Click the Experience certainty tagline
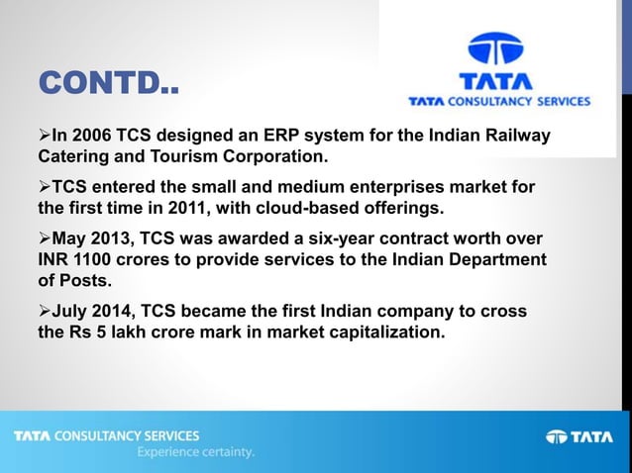(196, 452)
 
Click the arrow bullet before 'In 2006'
(44, 136)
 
